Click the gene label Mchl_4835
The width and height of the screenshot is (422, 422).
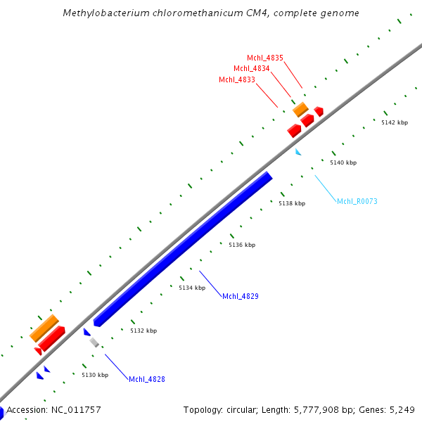click(x=264, y=58)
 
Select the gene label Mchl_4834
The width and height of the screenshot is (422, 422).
click(x=251, y=68)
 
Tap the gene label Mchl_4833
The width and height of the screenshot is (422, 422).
click(x=236, y=79)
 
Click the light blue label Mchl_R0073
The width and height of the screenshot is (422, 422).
click(x=357, y=201)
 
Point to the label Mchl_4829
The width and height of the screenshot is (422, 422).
click(x=241, y=296)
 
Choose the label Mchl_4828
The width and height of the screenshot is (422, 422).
click(x=146, y=379)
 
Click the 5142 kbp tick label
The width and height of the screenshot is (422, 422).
click(x=395, y=122)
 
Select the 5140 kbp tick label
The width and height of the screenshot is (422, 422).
click(x=343, y=162)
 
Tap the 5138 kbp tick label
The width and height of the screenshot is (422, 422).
click(x=292, y=203)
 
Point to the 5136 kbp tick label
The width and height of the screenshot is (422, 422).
click(x=242, y=245)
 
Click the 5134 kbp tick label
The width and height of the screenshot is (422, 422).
click(x=192, y=288)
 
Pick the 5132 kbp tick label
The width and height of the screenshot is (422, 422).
click(x=143, y=331)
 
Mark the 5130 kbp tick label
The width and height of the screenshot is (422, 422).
click(x=95, y=375)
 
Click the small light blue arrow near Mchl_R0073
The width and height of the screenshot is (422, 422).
click(x=298, y=152)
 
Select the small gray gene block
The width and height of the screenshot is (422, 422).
click(x=94, y=343)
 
